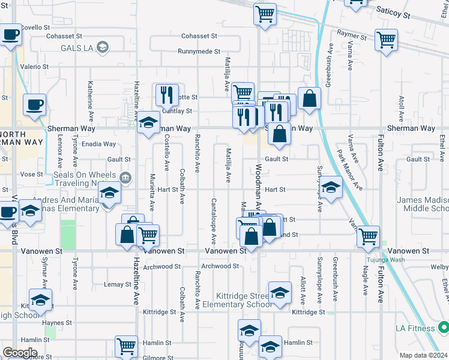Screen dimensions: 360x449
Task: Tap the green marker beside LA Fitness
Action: tap(444, 328)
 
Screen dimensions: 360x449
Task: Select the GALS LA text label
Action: tap(73, 47)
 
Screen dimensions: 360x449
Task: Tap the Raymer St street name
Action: tap(352, 37)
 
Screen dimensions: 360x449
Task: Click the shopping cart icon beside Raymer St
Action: tap(386, 40)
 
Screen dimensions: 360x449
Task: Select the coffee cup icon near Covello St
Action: tap(10, 35)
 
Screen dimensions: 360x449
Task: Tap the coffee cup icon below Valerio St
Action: tap(34, 105)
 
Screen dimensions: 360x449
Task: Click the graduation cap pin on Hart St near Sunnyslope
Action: tap(330, 187)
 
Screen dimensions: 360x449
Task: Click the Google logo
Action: tap(20, 353)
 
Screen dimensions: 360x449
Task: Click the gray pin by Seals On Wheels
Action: tap(125, 177)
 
